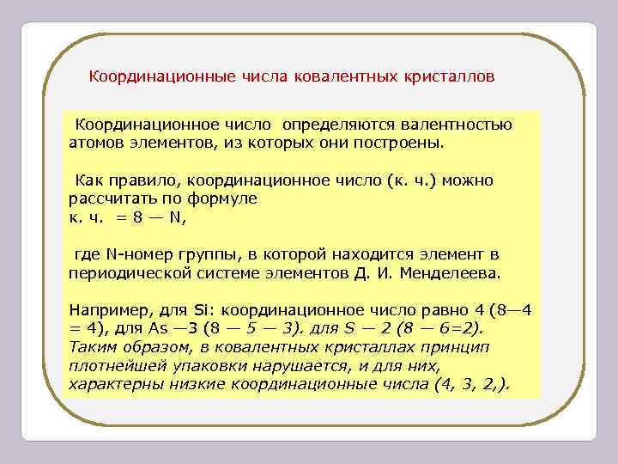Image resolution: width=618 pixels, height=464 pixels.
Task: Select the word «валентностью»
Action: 462,125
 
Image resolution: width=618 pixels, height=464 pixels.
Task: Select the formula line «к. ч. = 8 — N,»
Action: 126,217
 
